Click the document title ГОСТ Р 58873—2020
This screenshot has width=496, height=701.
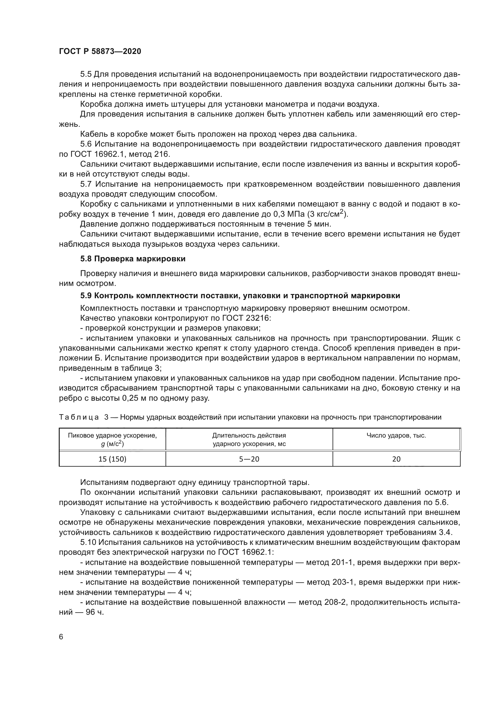(x=100, y=51)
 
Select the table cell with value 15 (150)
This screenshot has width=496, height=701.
(x=112, y=459)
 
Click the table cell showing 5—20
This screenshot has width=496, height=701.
(x=249, y=459)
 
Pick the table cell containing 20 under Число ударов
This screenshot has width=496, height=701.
(x=396, y=459)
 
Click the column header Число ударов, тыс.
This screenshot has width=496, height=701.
(x=396, y=435)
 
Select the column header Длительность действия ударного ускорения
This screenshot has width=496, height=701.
(x=249, y=439)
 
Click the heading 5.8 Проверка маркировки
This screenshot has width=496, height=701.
(x=133, y=259)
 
